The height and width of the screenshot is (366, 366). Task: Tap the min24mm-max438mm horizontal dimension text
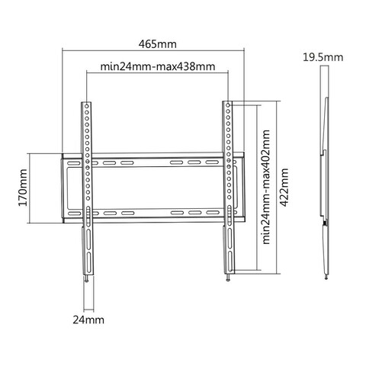tap(156, 68)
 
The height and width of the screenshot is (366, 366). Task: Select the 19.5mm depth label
tap(323, 57)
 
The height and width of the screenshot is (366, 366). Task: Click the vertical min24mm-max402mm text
tap(266, 186)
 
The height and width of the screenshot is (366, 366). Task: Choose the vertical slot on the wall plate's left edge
tap(68, 188)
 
